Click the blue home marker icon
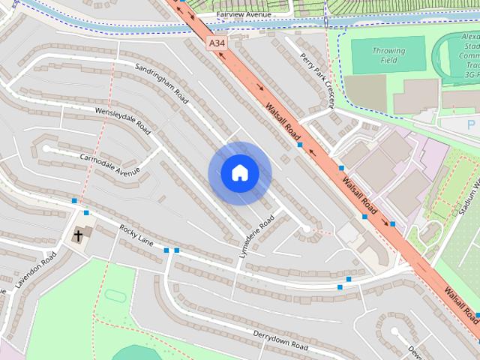[x=239, y=173]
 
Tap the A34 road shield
[x=217, y=43]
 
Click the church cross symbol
[x=78, y=236]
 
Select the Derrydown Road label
[x=280, y=340]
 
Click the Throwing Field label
[x=388, y=55]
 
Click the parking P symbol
[x=472, y=125]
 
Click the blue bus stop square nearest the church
[x=86, y=213]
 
